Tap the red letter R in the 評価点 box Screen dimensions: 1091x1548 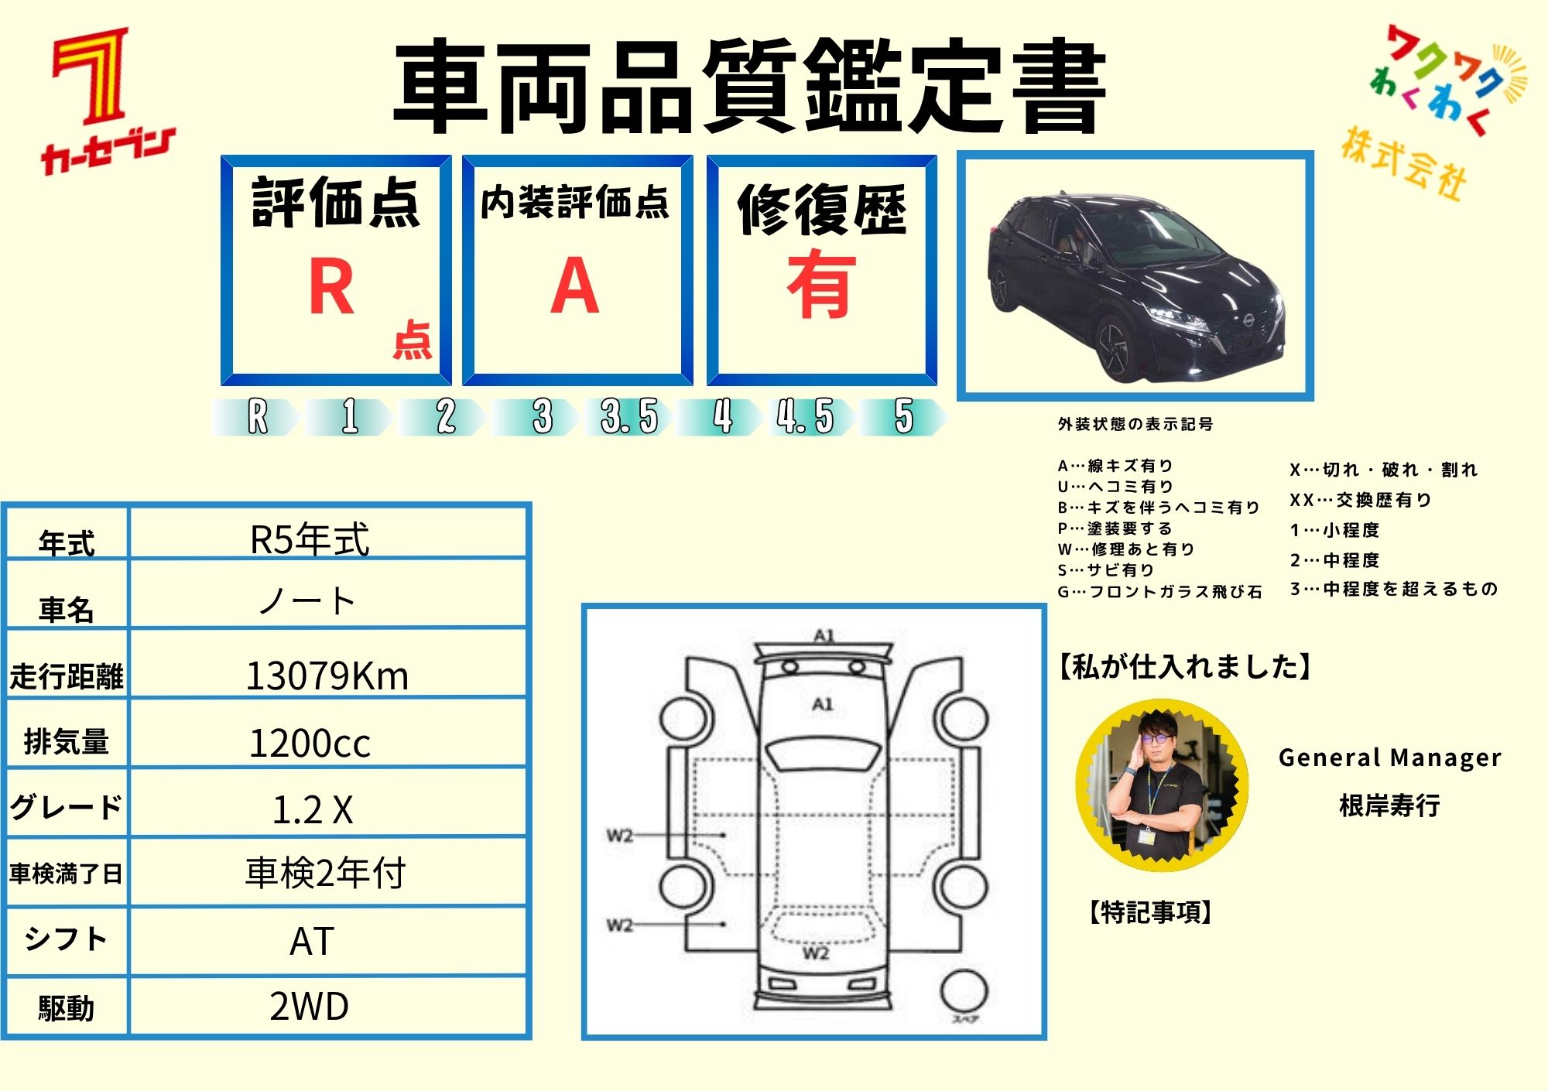coord(331,287)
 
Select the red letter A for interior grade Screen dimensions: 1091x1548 coord(574,286)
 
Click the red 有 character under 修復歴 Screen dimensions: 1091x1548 coord(821,285)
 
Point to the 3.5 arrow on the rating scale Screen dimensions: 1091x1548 coord(628,417)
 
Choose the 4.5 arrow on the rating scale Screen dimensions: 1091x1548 coord(805,417)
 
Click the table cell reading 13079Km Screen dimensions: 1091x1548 coord(327,675)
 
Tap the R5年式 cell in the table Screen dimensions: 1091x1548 coord(310,539)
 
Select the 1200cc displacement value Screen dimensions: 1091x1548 coord(310,743)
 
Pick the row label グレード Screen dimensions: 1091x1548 coord(66,807)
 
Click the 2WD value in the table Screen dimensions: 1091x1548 coord(310,1007)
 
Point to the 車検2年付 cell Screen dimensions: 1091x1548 coord(325,873)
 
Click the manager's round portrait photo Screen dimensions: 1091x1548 coord(1161,785)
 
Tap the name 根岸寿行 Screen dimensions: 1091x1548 coord(1389,805)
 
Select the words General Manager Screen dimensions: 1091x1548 coord(1389,758)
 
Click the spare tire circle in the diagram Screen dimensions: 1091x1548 coord(964,991)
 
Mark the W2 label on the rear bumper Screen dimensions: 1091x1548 coord(815,953)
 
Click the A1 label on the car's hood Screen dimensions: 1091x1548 coord(822,704)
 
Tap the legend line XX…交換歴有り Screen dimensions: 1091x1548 coord(1360,500)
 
